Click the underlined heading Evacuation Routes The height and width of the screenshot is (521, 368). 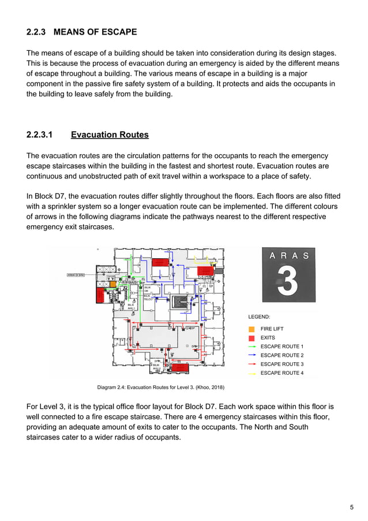pyautogui.click(x=110, y=135)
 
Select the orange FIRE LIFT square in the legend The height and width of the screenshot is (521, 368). pyautogui.click(x=251, y=329)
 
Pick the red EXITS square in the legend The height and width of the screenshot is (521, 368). pyautogui.click(x=251, y=337)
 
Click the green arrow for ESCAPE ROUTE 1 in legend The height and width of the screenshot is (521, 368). pyautogui.click(x=251, y=347)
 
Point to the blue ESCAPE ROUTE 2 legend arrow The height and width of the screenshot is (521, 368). pyautogui.click(x=251, y=355)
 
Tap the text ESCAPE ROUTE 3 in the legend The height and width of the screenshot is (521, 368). pyautogui.click(x=281, y=364)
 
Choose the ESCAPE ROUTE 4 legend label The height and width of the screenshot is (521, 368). pyautogui.click(x=281, y=373)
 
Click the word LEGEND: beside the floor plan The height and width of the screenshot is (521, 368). pyautogui.click(x=260, y=317)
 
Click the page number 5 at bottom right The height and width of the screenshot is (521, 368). pyautogui.click(x=352, y=507)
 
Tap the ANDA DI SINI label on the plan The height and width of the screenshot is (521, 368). pyautogui.click(x=76, y=275)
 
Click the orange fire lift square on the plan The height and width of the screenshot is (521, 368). pyautogui.click(x=113, y=284)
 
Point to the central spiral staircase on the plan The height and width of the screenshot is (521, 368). pyautogui.click(x=180, y=301)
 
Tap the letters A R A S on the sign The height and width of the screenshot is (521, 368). pyautogui.click(x=289, y=255)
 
